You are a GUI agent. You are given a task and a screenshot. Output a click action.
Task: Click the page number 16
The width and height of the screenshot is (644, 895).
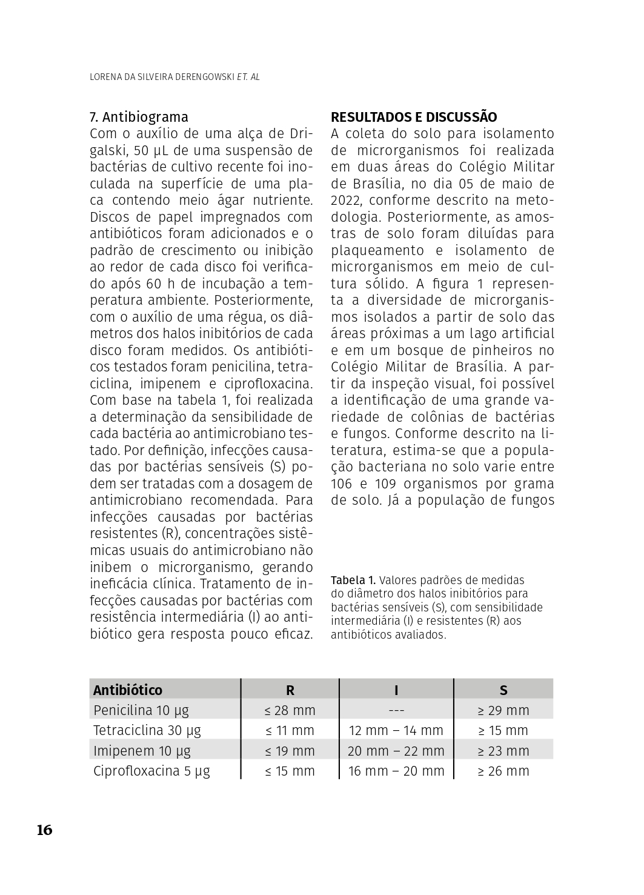pyautogui.click(x=45, y=830)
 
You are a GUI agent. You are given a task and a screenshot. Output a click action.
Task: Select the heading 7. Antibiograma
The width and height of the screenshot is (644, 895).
pyautogui.click(x=139, y=117)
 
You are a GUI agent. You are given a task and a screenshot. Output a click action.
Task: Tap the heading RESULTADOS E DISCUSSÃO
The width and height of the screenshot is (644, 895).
pyautogui.click(x=414, y=117)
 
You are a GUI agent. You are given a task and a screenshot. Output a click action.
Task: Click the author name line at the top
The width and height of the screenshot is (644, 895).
pyautogui.click(x=174, y=78)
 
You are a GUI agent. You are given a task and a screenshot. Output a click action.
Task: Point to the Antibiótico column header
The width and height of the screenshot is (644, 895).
pyautogui.click(x=128, y=690)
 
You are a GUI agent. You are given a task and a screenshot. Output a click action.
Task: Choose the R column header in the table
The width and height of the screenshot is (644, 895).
pyautogui.click(x=290, y=690)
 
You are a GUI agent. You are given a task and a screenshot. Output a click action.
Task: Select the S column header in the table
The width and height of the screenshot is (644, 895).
pyautogui.click(x=503, y=690)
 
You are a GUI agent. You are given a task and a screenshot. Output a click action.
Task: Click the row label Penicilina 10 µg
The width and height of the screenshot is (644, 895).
pyautogui.click(x=141, y=710)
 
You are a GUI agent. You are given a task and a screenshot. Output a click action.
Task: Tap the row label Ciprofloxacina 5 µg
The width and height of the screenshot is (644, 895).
pyautogui.click(x=151, y=771)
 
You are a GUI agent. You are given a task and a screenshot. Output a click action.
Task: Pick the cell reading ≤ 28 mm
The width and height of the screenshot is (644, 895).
pyautogui.click(x=290, y=710)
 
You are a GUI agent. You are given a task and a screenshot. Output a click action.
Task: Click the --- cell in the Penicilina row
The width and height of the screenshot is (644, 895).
pyautogui.click(x=396, y=710)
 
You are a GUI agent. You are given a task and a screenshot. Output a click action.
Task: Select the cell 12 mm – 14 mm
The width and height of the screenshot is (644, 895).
pyautogui.click(x=396, y=730)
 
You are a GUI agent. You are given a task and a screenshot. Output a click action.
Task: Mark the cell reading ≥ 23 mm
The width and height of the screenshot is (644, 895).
pyautogui.click(x=503, y=751)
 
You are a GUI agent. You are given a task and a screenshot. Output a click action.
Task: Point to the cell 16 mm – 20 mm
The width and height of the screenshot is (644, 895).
pyautogui.click(x=396, y=771)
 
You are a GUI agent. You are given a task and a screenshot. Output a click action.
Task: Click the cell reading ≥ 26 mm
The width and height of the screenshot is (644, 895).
pyautogui.click(x=503, y=771)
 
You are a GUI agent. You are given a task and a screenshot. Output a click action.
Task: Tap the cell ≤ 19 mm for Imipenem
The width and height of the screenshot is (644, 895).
pyautogui.click(x=290, y=751)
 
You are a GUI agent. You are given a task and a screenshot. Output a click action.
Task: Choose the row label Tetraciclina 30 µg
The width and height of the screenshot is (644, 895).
pyautogui.click(x=147, y=730)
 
